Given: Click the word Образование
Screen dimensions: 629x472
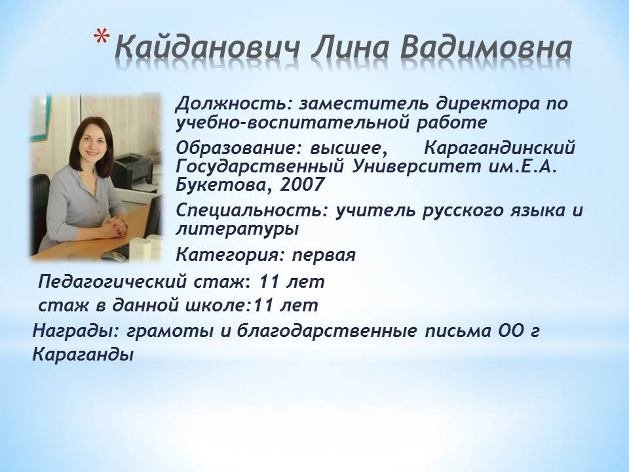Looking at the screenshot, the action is (x=240, y=149).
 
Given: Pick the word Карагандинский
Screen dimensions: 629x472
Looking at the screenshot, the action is (x=500, y=149).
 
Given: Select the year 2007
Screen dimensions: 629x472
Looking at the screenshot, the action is (x=301, y=185).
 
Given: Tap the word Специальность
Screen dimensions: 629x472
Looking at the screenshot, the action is (x=252, y=210).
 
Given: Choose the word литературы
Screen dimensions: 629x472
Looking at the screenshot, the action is (x=237, y=229).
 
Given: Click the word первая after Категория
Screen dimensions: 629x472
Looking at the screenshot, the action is (x=323, y=255).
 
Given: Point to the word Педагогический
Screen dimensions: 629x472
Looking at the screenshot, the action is (x=113, y=282).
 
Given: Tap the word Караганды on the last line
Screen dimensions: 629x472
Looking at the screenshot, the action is (x=83, y=355).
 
